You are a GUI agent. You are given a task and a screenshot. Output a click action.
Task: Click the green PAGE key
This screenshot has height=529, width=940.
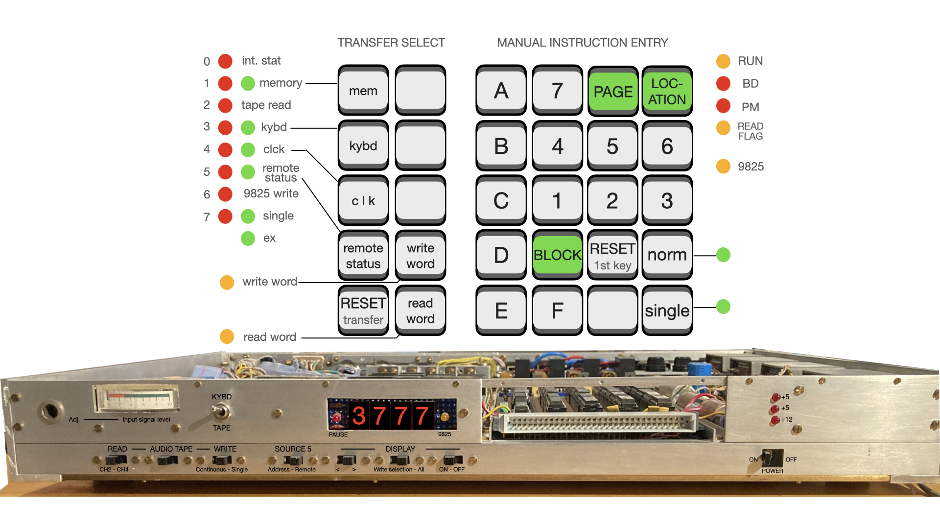point(612,91)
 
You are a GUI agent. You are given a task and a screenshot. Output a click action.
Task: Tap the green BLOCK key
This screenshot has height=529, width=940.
point(557,255)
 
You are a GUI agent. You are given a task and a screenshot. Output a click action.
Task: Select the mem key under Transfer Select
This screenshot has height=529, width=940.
point(363,91)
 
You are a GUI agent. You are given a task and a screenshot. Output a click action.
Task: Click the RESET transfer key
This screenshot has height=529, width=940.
point(363,311)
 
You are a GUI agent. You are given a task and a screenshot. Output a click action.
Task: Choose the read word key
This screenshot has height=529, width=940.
point(420,311)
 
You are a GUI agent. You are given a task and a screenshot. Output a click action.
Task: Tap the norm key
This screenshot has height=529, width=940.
point(667,255)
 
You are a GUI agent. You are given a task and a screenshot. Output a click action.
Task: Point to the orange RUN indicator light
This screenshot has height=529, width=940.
point(723,61)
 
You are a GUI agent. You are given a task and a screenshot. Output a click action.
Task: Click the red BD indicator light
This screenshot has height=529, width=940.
point(723,84)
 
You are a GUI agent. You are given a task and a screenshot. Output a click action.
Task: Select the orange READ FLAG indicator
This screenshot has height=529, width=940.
point(723,128)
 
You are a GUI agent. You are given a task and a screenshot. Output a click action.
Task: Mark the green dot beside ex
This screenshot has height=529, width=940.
point(248,239)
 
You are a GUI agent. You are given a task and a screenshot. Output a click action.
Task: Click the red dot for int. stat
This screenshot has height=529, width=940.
point(225,61)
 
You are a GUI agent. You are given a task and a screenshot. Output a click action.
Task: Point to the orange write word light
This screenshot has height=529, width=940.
point(227,282)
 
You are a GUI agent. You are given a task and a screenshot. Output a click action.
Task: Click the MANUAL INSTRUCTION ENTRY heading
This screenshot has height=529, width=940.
point(582,43)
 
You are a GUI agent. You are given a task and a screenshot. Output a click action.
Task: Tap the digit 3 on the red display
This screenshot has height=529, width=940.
point(359,416)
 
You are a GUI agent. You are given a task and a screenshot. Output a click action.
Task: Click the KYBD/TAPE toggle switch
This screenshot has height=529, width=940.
point(221,412)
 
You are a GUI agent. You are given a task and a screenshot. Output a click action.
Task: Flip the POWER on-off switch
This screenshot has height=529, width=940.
point(773,457)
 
